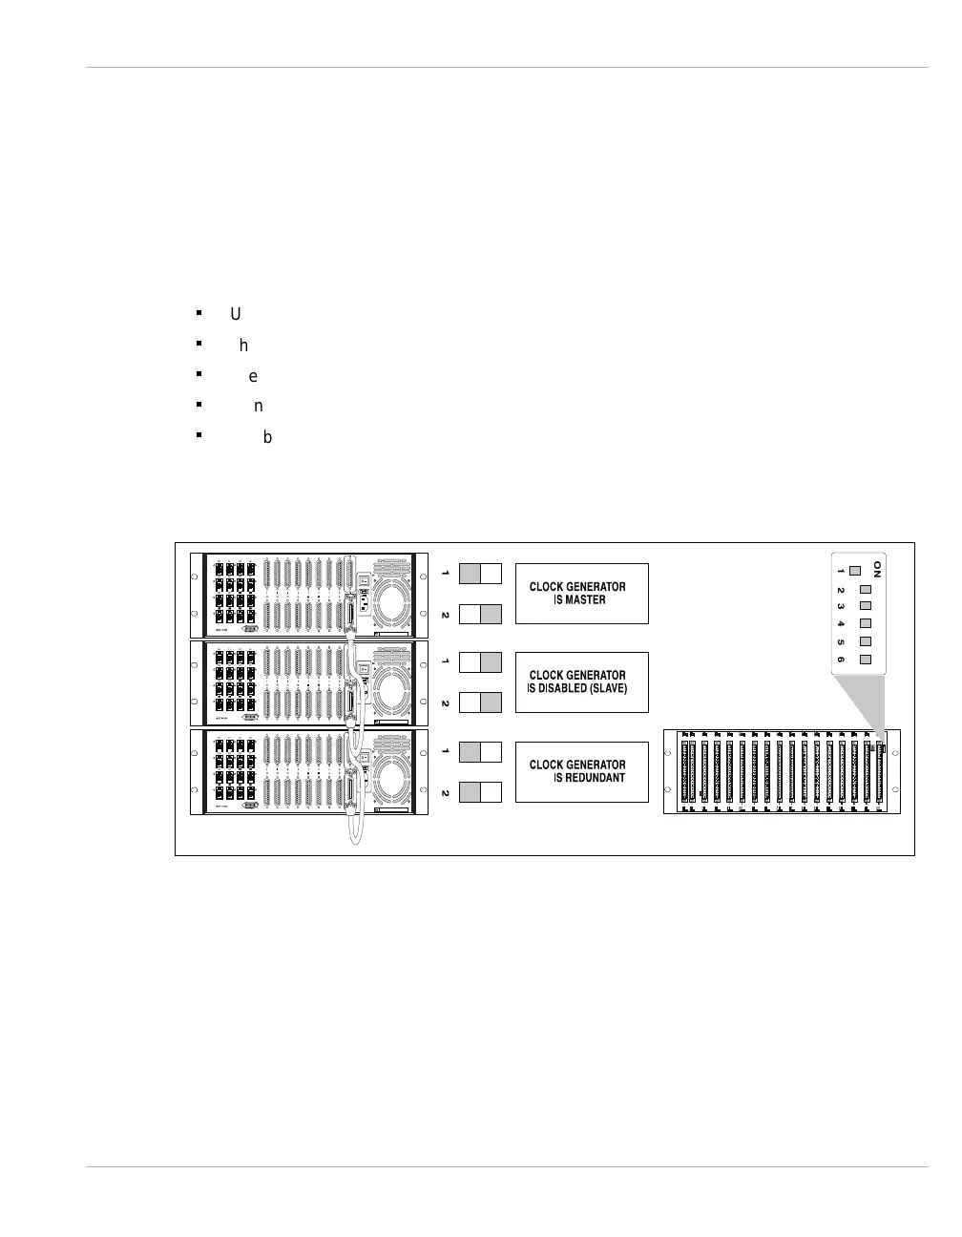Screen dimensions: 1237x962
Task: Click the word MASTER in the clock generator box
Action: click(585, 599)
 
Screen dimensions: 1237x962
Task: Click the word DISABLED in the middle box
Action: click(562, 688)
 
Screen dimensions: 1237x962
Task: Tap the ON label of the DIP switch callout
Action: click(877, 570)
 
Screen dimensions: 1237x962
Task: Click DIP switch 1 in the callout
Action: click(854, 571)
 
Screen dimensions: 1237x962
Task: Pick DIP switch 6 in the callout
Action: click(866, 660)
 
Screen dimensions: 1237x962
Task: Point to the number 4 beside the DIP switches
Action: click(840, 623)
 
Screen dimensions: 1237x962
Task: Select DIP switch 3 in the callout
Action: click(866, 605)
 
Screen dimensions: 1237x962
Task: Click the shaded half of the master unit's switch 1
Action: click(470, 573)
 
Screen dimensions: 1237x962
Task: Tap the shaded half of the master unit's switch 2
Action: click(491, 614)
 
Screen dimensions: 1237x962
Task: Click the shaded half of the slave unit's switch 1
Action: click(491, 661)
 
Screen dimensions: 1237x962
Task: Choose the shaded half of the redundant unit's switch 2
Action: click(470, 791)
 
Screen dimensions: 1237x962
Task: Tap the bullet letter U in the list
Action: click(235, 314)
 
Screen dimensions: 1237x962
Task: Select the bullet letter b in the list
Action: click(267, 437)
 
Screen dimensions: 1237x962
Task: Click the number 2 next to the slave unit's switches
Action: click(445, 702)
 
